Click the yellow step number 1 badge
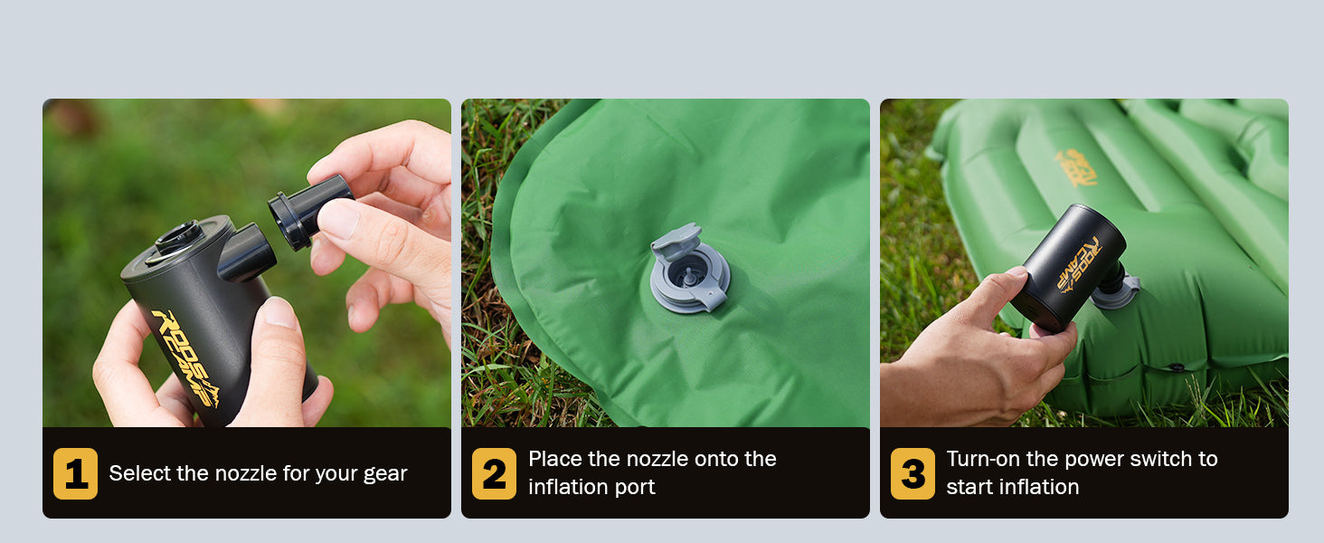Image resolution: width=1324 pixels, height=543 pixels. point(76,473)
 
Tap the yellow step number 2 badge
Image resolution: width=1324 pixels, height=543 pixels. point(494,473)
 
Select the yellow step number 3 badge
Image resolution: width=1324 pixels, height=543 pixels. point(913,473)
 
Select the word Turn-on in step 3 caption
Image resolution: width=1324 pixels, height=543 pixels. point(983,459)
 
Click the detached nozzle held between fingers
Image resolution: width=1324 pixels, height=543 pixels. point(310,211)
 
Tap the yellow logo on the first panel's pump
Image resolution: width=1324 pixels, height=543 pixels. point(186,357)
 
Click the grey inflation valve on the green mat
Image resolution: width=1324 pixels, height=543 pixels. point(690,269)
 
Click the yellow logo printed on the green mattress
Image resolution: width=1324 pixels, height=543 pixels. point(1076,168)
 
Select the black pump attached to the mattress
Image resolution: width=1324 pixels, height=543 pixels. point(1069,267)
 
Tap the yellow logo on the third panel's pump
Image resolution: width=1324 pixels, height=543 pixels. point(1079,264)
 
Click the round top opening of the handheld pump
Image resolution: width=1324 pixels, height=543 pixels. point(179,236)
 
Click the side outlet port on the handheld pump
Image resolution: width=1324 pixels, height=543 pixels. point(247,252)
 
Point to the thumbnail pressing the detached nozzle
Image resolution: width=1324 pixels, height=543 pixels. point(338,219)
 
